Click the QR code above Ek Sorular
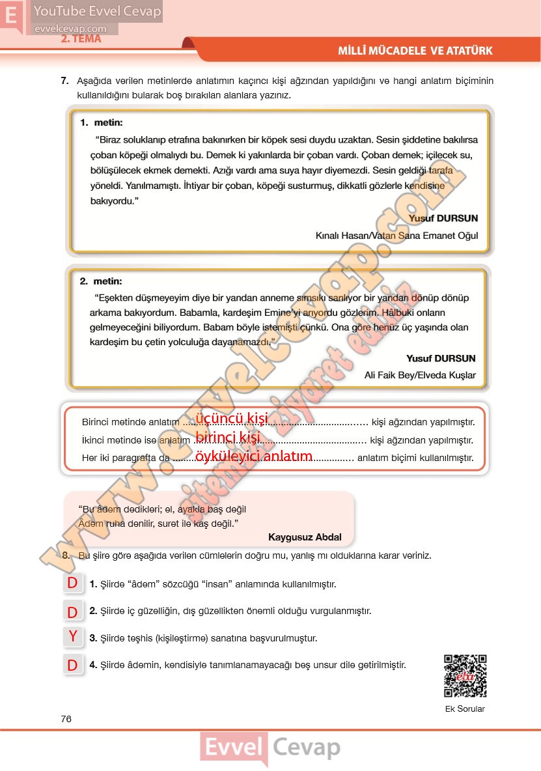(x=465, y=676)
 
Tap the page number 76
(x=66, y=719)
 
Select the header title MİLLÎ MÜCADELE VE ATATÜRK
(x=415, y=51)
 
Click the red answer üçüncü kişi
(x=231, y=419)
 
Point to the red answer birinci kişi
(x=227, y=436)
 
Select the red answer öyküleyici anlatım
(x=254, y=456)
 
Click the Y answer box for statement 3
(x=73, y=637)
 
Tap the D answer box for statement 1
(x=73, y=583)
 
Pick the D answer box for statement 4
(x=73, y=665)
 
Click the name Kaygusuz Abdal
(x=304, y=537)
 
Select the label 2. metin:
(x=101, y=281)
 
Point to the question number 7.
(x=64, y=81)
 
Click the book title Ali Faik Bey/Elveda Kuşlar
(x=420, y=375)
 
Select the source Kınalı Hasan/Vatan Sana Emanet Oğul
(x=396, y=236)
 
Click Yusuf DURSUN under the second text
(x=441, y=358)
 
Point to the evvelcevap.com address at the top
(x=70, y=29)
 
